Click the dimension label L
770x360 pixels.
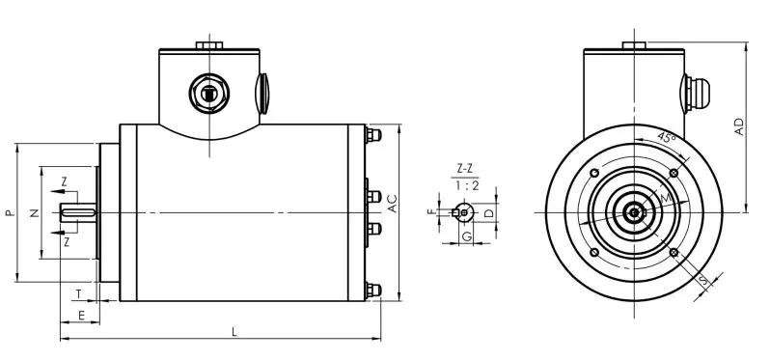[234, 332]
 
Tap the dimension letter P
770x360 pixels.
[10, 212]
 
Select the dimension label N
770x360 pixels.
[35, 212]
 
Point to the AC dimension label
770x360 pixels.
[393, 204]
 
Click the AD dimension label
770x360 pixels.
[739, 126]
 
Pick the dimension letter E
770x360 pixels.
[81, 316]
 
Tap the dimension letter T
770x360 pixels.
[78, 294]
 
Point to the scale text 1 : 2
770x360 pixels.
[466, 185]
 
